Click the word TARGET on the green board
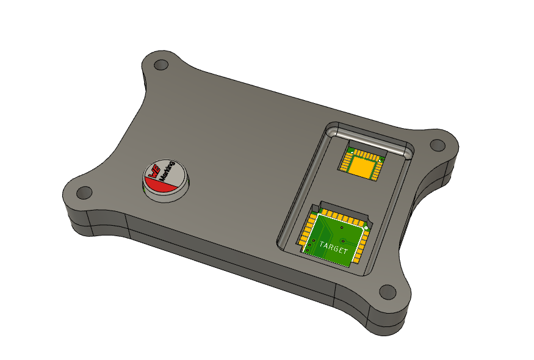coord(333,249)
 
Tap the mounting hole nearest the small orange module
coord(436,145)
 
